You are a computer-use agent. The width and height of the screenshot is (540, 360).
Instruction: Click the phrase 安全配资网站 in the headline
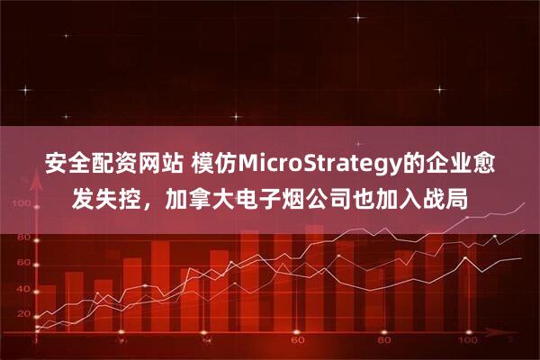(101, 165)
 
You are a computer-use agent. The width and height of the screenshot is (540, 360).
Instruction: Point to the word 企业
(443, 165)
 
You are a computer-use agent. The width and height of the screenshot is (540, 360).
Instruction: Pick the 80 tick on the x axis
(383, 343)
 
